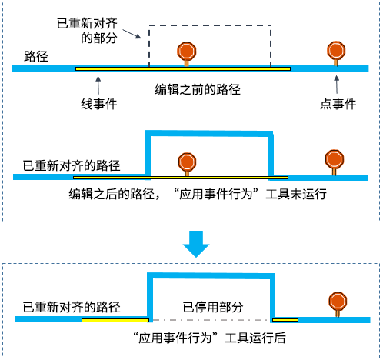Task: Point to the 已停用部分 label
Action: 212,306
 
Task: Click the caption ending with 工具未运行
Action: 198,195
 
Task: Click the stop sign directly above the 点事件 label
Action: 336,51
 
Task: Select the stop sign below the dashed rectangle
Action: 187,52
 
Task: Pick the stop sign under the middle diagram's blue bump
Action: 186,162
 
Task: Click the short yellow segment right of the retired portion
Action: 284,319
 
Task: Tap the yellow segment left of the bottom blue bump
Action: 115,319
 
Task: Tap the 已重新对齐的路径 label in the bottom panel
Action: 72,306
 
